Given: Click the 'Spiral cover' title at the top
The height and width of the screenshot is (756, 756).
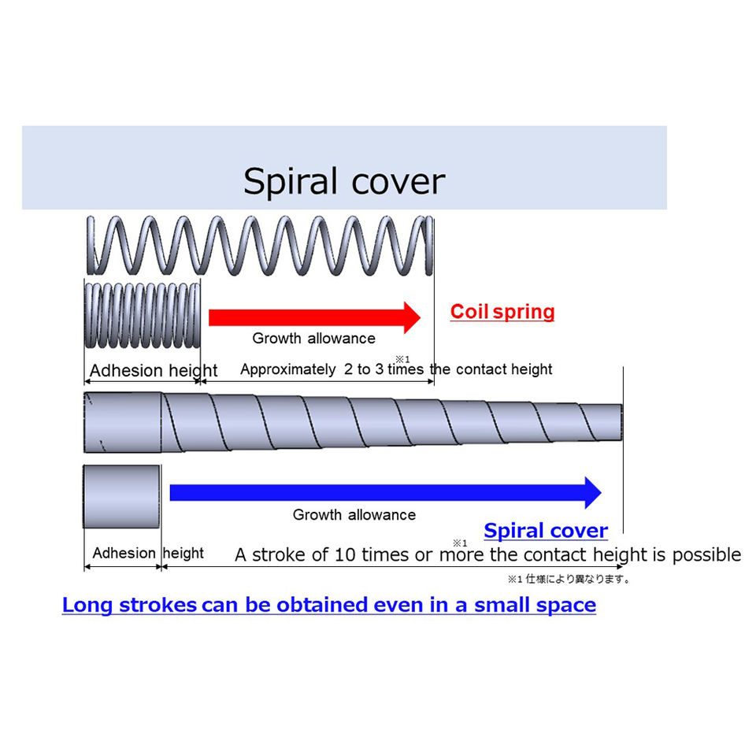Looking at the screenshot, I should (344, 181).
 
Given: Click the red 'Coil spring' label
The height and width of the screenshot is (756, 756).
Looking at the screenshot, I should (502, 312).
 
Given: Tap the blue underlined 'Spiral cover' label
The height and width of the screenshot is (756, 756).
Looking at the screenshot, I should (546, 530).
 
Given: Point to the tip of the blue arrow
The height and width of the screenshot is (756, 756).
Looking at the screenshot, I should (600, 493).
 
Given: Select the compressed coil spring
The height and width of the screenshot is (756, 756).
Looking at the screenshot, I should (142, 315).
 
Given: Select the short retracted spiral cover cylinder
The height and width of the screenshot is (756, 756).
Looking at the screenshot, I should (122, 496).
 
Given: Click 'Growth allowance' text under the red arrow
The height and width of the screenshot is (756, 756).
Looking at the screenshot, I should (313, 339).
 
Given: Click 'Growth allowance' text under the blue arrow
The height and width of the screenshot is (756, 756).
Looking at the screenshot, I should (354, 515).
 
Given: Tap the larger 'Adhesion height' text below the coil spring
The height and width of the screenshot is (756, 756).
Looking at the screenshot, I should (154, 371).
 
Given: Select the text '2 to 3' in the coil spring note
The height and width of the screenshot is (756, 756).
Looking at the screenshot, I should (365, 369).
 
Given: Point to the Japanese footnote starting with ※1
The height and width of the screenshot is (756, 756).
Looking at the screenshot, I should (568, 580).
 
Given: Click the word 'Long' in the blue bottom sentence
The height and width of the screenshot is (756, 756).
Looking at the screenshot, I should (87, 606).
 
